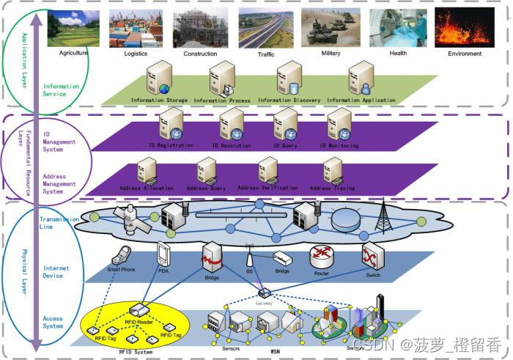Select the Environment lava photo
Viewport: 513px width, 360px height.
click(465, 28)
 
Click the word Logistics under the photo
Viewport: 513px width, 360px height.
click(136, 54)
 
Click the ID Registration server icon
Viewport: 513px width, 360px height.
click(171, 123)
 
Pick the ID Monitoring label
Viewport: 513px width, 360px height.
click(339, 146)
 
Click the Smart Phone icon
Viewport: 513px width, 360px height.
click(120, 256)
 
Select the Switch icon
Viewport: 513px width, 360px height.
click(369, 254)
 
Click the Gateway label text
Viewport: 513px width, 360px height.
click(264, 301)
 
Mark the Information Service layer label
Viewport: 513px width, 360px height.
click(61, 90)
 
